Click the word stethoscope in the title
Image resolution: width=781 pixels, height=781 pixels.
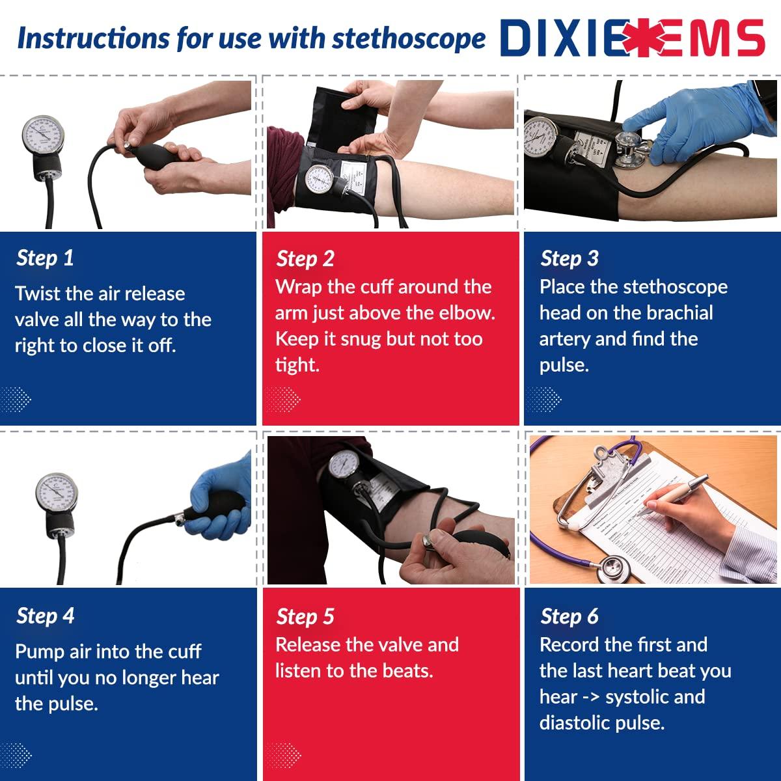[x=409, y=38]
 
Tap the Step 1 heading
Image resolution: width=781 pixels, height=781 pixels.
[x=45, y=258]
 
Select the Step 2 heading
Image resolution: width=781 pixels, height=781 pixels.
[x=305, y=258]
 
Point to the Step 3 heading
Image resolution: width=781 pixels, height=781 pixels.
[x=569, y=258]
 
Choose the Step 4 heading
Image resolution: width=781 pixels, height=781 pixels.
[x=46, y=616]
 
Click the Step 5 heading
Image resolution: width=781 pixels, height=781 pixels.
[x=305, y=616]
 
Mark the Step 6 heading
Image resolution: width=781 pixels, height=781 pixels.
[x=569, y=616]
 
